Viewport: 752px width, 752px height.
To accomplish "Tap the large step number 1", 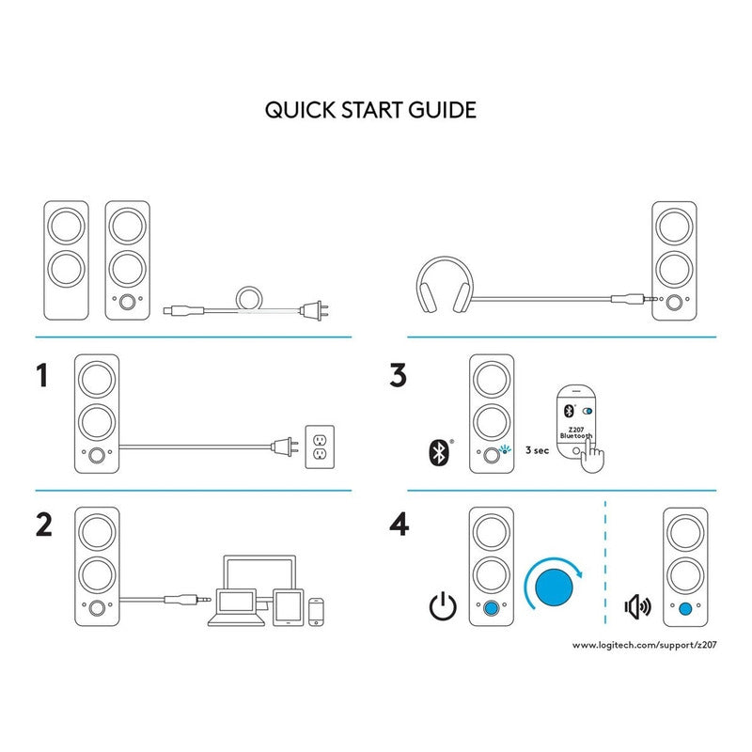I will click(40, 377).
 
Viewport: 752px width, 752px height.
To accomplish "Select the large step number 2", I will click(42, 525).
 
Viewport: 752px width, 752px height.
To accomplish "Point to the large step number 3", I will click(399, 377).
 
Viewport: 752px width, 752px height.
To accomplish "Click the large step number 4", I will click(399, 525).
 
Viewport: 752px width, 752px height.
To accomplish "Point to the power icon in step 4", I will click(441, 605).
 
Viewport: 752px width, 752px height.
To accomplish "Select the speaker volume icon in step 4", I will click(637, 605).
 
